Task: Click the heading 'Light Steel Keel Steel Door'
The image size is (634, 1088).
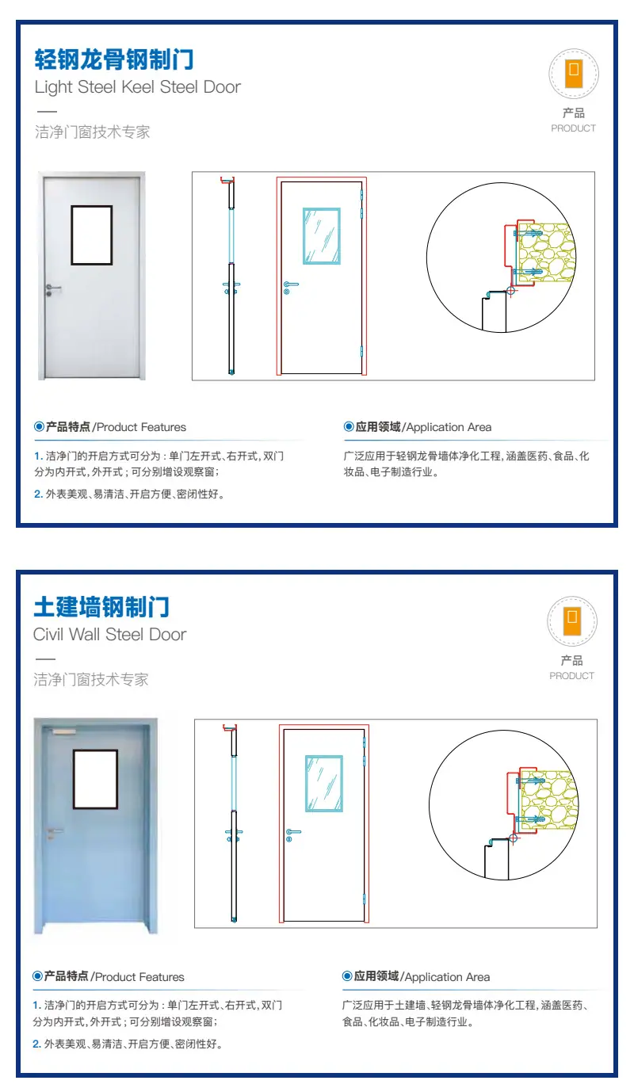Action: pos(137,87)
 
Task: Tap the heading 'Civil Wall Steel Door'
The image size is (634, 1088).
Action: pos(110,635)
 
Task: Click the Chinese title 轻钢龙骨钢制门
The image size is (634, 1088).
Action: pos(114,59)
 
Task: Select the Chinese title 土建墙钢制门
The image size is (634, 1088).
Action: pos(101,607)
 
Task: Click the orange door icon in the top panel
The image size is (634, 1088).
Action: pos(574,74)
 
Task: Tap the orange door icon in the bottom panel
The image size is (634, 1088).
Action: pos(572,620)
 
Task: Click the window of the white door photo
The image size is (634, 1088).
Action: pos(92,235)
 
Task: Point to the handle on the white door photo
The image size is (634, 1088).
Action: pos(52,290)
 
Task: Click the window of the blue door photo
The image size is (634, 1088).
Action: pos(95,779)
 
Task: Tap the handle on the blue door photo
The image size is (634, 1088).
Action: pos(54,834)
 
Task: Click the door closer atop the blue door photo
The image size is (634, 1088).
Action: pos(63,731)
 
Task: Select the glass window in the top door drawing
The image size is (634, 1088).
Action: pos(322,236)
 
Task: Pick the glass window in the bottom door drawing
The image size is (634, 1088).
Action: pos(324,784)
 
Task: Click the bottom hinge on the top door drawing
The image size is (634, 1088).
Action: pos(362,352)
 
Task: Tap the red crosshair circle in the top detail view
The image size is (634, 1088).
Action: pos(511,291)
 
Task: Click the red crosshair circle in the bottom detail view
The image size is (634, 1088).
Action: pos(514,838)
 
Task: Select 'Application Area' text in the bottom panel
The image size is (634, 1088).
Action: pos(447,977)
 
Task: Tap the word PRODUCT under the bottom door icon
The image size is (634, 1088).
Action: pos(572,676)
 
